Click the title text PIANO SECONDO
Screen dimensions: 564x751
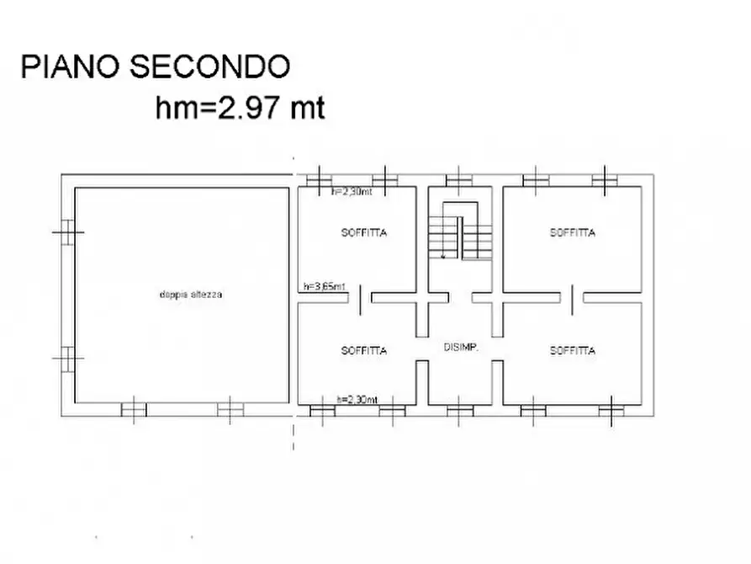click(156, 67)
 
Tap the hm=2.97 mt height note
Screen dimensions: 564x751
click(240, 109)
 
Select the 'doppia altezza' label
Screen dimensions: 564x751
click(189, 295)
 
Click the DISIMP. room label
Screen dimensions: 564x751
click(461, 347)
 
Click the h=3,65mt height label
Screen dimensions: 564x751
click(325, 287)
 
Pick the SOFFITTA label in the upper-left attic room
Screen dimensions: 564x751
click(364, 232)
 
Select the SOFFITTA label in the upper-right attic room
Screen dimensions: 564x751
click(573, 232)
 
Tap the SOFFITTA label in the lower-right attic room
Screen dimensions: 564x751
click(573, 351)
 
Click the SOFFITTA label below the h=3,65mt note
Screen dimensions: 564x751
click(364, 351)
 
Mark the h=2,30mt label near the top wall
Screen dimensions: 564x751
click(352, 192)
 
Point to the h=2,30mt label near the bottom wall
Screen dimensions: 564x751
click(357, 399)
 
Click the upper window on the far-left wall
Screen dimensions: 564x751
click(67, 231)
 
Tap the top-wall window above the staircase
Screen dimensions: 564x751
click(458, 179)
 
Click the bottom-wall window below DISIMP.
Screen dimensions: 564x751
click(459, 411)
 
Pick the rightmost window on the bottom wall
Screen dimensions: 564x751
click(611, 411)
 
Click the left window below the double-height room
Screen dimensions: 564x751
click(134, 410)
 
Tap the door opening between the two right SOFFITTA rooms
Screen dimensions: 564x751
click(572, 299)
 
